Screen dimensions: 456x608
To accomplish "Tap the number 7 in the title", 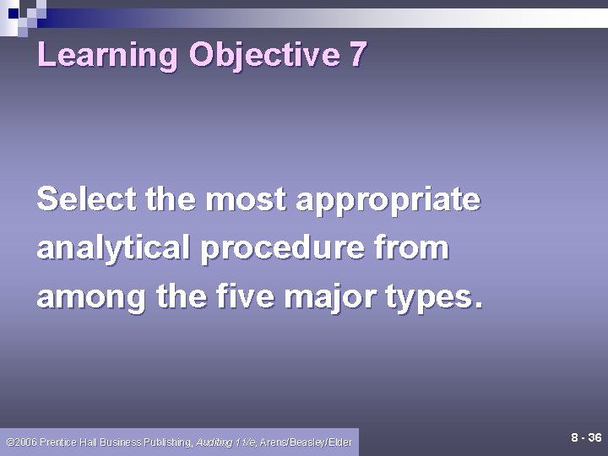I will [x=357, y=55].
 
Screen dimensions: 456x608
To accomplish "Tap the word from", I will [x=418, y=248].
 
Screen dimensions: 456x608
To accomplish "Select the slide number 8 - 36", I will [x=585, y=438].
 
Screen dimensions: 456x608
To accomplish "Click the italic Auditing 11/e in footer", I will [x=226, y=442].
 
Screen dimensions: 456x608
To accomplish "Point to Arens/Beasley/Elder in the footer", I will [x=307, y=442].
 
